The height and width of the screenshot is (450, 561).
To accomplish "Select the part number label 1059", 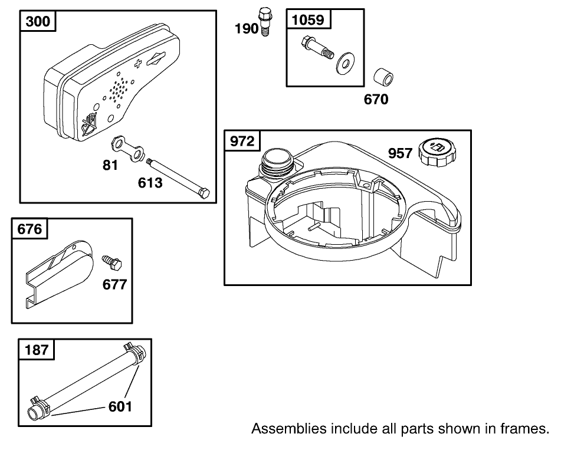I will (x=309, y=20).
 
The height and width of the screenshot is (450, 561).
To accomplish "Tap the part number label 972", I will (x=242, y=142).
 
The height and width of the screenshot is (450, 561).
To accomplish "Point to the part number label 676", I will (x=30, y=229).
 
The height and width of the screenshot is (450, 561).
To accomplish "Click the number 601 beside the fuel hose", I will (x=120, y=406).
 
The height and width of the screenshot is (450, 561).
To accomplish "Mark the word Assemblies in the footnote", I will (x=283, y=429).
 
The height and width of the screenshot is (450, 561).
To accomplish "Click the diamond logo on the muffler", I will (x=158, y=59).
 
